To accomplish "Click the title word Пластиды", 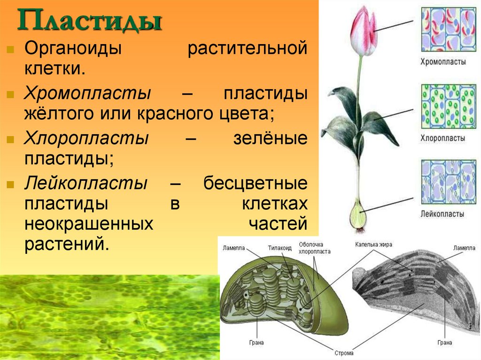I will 89,22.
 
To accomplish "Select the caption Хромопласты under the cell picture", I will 443,61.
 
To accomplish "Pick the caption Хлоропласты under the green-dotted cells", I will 443,138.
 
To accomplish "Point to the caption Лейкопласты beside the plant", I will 443,214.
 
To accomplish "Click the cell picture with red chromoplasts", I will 449,29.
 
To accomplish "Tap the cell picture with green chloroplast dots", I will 449,107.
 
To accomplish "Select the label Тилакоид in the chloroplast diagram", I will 280,248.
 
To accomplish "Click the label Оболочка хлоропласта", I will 315,248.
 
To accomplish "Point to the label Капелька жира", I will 373,245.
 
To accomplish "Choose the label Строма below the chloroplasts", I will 344,352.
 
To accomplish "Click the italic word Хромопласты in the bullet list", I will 87,93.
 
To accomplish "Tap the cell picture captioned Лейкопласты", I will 449,182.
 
